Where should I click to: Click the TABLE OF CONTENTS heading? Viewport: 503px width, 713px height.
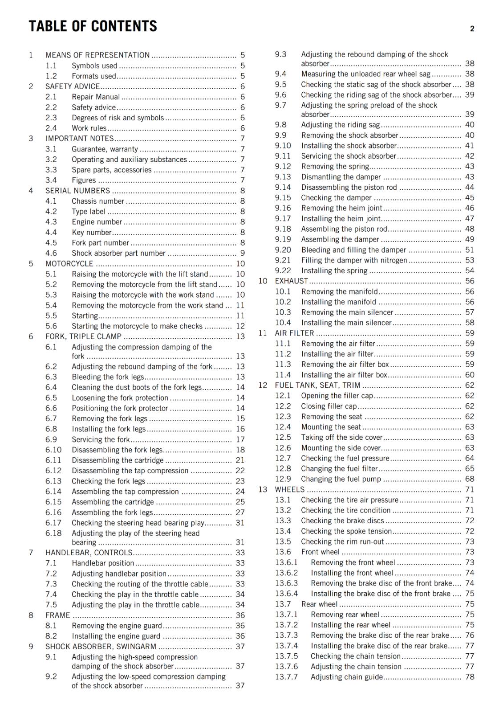[x=93, y=26]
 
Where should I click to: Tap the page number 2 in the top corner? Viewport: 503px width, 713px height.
[x=472, y=29]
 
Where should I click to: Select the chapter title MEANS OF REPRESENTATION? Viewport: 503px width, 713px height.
[x=97, y=55]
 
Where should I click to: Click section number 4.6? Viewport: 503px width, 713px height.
[x=51, y=253]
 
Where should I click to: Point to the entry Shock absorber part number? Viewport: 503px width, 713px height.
[x=118, y=253]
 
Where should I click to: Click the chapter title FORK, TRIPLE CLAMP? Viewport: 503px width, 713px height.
[x=83, y=336]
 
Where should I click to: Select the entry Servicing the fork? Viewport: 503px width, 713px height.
[x=101, y=439]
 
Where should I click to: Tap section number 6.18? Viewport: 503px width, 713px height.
[x=53, y=533]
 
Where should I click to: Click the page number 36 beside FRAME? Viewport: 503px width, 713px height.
[x=240, y=615]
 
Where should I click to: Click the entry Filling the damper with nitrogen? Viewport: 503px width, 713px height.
[x=354, y=260]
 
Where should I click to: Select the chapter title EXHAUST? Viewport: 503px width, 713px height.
[x=291, y=281]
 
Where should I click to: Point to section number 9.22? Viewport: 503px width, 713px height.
[x=283, y=270]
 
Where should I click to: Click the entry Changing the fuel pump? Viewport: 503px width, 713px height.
[x=341, y=479]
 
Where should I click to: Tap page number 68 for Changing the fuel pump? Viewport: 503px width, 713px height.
[x=470, y=479]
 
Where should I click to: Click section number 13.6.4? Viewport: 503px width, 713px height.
[x=286, y=594]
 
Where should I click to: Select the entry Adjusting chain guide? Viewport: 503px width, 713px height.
[x=347, y=677]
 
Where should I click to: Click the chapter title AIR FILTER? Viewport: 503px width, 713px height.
[x=294, y=333]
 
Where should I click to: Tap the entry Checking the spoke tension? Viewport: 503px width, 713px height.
[x=346, y=531]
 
